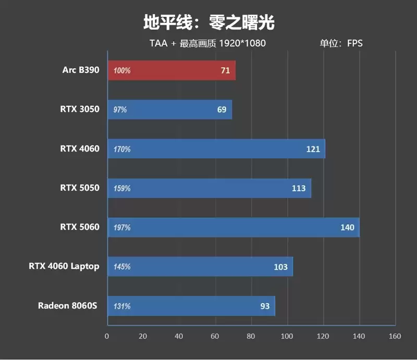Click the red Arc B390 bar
click(x=171, y=70)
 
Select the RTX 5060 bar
click(x=233, y=227)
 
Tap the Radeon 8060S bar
click(x=191, y=306)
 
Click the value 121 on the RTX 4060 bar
click(x=313, y=149)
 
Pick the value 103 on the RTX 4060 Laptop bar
click(x=280, y=267)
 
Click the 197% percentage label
click(x=122, y=228)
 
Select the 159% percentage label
click(x=122, y=189)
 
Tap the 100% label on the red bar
click(x=122, y=71)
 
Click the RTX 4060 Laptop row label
click(x=64, y=266)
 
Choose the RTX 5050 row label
click(x=79, y=188)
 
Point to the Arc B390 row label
click(x=80, y=70)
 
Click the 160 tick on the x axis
click(x=395, y=336)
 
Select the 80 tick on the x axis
click(x=251, y=336)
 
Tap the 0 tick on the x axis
click(x=107, y=336)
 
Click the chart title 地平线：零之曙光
click(x=208, y=22)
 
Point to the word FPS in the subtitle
click(x=354, y=43)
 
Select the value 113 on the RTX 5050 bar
click(x=299, y=188)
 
